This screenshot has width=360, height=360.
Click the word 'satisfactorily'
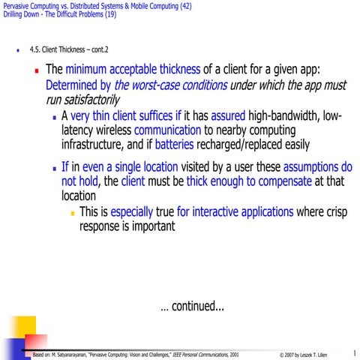[x=80, y=100]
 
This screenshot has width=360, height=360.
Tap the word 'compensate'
[x=284, y=181]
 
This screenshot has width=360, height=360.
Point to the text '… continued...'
[x=192, y=306]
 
